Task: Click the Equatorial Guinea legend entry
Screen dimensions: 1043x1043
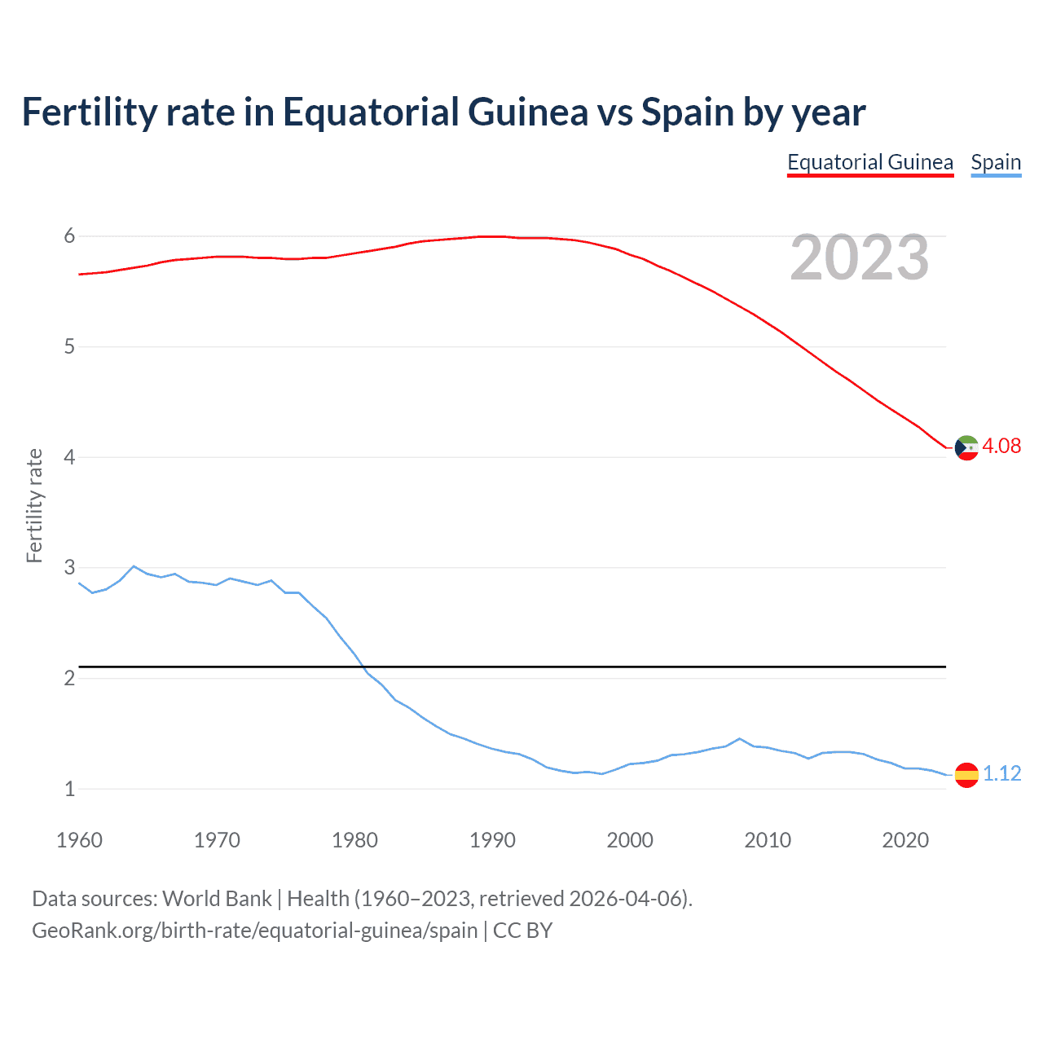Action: pos(870,163)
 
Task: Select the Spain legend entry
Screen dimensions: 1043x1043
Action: pos(996,163)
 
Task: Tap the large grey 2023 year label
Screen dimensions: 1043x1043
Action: pos(860,258)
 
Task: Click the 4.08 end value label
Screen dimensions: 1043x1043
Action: pos(1001,446)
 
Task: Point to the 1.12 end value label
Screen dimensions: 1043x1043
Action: pos(1001,773)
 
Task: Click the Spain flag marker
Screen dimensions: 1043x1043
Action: pos(966,775)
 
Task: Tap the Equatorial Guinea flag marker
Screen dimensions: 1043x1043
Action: pos(966,447)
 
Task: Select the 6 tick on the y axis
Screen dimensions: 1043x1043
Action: pos(69,236)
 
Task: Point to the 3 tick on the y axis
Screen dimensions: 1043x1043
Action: pos(69,567)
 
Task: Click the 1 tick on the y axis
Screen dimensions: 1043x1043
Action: pos(69,789)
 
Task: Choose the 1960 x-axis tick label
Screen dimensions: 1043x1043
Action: pos(79,840)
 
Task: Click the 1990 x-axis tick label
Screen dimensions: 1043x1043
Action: pos(492,840)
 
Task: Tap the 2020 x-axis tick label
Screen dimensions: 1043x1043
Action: pos(905,840)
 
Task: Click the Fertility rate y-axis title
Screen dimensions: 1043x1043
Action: pos(34,505)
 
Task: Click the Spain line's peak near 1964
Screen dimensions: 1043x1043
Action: pos(134,566)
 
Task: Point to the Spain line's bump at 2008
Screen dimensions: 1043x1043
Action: pos(739,739)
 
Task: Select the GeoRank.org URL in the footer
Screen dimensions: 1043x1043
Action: pos(255,931)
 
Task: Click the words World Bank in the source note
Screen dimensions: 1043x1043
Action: pos(217,899)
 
